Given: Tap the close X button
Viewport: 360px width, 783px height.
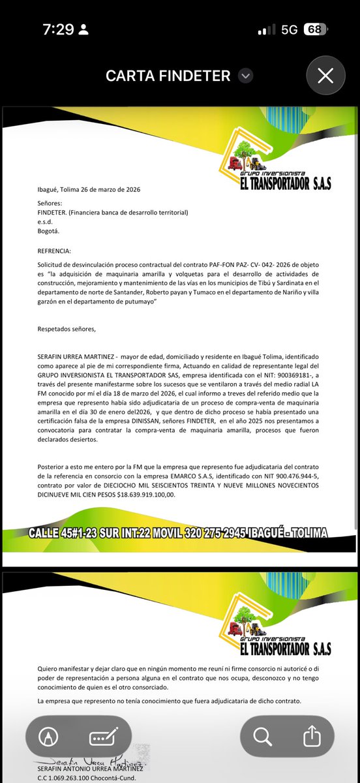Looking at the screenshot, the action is pyautogui.click(x=325, y=76).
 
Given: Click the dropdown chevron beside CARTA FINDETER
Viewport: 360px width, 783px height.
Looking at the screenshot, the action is pyautogui.click(x=245, y=76).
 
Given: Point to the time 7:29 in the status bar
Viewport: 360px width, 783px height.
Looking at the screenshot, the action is pyautogui.click(x=59, y=29).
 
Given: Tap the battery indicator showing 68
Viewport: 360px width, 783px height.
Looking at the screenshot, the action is pyautogui.click(x=315, y=29).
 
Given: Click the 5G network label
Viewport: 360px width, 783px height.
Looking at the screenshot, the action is pyautogui.click(x=290, y=29).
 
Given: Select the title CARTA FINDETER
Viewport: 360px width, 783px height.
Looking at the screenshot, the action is pyautogui.click(x=168, y=76).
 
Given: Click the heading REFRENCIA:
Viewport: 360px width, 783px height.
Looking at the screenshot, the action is pyautogui.click(x=56, y=251).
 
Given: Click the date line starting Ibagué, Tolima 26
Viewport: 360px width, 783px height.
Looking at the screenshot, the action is pyautogui.click(x=89, y=190).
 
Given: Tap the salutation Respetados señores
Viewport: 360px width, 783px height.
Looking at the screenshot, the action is pyautogui.click(x=67, y=329).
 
